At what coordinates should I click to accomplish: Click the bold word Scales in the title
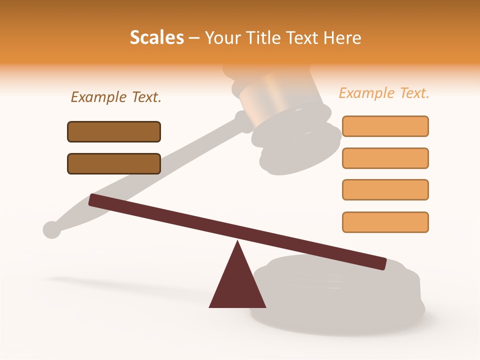coord(156,37)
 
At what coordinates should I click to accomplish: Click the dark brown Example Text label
coord(116,97)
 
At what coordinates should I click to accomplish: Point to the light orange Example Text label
coord(384,93)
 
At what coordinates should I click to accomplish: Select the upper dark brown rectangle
coord(114,131)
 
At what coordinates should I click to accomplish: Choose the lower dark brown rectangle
coord(114,163)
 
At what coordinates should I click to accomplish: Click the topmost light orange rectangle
coord(385,126)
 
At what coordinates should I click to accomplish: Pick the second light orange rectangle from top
coord(385,158)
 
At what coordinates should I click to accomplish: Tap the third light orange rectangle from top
coord(385,189)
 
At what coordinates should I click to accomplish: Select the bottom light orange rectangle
coord(385,222)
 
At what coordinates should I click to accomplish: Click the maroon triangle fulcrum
coord(237,285)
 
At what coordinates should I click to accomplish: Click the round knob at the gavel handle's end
coord(51,229)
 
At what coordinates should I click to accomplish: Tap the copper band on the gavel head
coord(265,95)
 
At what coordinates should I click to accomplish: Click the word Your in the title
coord(221,37)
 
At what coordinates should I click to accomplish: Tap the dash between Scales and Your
coord(194,38)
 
